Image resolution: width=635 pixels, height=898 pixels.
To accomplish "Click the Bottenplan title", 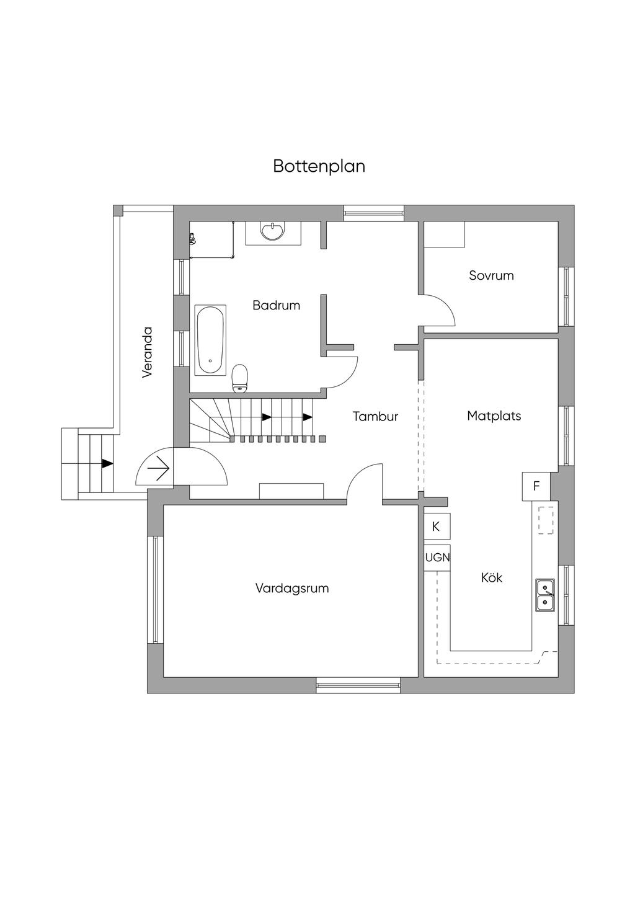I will tap(319, 167).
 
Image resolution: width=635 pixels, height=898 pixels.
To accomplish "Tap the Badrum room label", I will tap(276, 305).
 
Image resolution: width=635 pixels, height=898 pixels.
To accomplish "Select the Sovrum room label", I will tap(491, 275).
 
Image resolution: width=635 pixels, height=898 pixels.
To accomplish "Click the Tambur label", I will tap(375, 416).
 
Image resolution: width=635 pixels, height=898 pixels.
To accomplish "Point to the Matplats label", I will tap(494, 416).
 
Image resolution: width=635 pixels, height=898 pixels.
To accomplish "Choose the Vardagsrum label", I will tap(291, 588).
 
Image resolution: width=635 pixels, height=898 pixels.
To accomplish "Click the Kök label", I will tap(491, 577).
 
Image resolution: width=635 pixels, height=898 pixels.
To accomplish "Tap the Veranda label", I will tap(147, 352).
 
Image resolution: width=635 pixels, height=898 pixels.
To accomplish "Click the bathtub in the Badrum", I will tap(210, 339).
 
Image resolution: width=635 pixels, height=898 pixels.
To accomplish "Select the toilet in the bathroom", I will tap(239, 378).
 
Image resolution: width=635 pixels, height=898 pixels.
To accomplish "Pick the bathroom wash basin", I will tap(273, 231).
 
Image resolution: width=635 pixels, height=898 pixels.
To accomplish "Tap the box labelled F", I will tap(536, 486).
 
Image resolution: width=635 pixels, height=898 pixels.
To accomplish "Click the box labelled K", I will tap(436, 527).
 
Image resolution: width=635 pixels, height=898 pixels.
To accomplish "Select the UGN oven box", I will tap(437, 558).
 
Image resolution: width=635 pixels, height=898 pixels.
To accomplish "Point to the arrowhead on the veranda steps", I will tap(108, 463).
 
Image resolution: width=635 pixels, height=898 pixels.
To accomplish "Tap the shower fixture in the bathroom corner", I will tap(192, 238).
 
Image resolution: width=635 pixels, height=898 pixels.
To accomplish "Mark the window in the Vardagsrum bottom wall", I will tap(358, 685).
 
